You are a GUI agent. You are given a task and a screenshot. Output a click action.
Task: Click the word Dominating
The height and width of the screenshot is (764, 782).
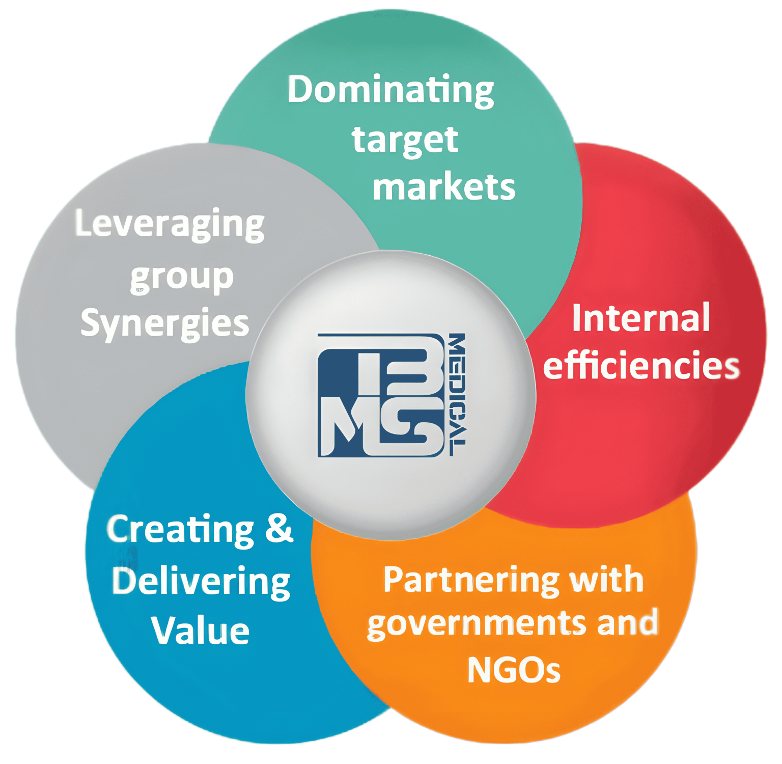(x=390, y=90)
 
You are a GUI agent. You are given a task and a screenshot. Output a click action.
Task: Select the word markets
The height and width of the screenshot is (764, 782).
(x=444, y=187)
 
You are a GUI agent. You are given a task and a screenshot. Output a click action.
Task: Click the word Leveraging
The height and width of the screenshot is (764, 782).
(x=170, y=224)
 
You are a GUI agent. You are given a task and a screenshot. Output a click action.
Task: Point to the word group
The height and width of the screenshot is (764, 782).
(x=182, y=278)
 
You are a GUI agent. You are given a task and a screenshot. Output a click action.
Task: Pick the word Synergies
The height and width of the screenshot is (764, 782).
(x=164, y=323)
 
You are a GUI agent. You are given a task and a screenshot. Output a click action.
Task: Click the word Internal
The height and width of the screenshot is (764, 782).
(x=641, y=318)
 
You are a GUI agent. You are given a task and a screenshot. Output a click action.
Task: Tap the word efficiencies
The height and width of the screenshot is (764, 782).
(x=641, y=365)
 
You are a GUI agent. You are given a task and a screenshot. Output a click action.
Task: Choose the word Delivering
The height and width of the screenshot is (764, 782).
(x=201, y=582)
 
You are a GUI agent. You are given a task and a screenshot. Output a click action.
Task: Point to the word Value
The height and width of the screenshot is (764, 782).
(x=200, y=631)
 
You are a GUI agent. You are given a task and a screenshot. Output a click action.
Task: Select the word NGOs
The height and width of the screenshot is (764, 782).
(x=513, y=670)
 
